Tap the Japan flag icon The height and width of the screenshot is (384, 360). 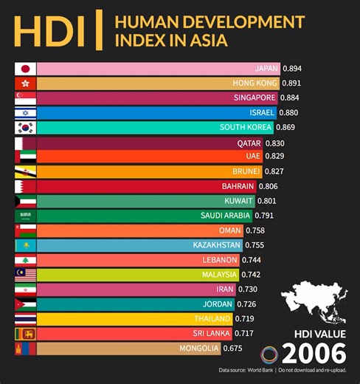click(25, 69)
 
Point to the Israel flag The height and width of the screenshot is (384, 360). click(25, 113)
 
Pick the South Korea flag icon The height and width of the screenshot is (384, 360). click(25, 128)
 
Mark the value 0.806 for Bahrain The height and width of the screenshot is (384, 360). click(271, 186)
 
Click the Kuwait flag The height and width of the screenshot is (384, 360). click(25, 201)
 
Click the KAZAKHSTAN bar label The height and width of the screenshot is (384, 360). click(218, 245)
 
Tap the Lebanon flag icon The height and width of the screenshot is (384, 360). click(25, 260)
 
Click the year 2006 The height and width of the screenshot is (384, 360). click(315, 352)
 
